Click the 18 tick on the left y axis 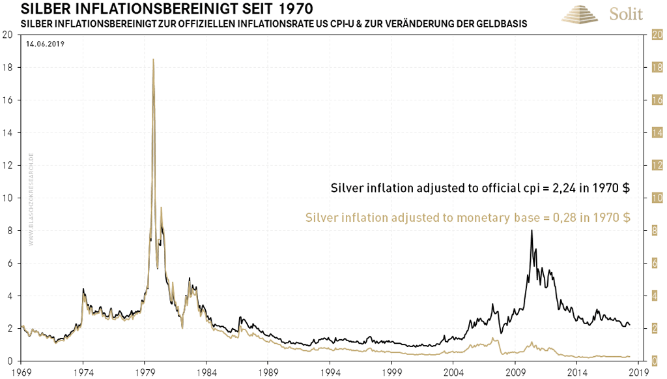(8, 68)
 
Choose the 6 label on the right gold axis (657, 264)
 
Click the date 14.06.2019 (45, 44)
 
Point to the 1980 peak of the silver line (153, 60)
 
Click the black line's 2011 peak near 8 (532, 230)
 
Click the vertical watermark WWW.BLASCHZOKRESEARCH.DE (31, 198)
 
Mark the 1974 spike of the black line (83, 289)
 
